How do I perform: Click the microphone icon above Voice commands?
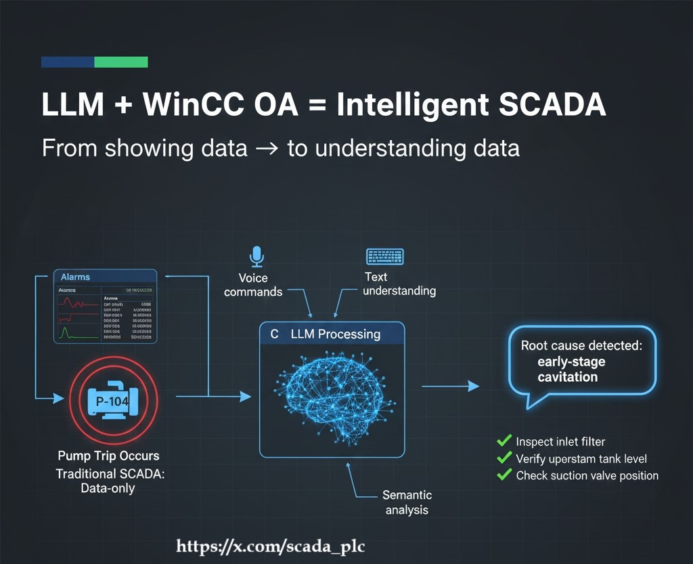(256, 257)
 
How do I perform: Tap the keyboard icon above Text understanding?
(384, 257)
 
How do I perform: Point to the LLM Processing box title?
(335, 334)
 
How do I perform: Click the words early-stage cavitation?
(571, 369)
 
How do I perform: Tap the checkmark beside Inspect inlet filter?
(504, 441)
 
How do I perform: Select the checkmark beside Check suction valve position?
(504, 475)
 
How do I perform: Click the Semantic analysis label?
(407, 502)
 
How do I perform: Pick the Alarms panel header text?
(75, 277)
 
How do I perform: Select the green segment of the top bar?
(120, 62)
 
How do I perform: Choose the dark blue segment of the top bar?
(67, 62)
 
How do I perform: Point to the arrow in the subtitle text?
(267, 148)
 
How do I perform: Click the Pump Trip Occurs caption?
(108, 455)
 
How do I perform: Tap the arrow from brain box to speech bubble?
(450, 386)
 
